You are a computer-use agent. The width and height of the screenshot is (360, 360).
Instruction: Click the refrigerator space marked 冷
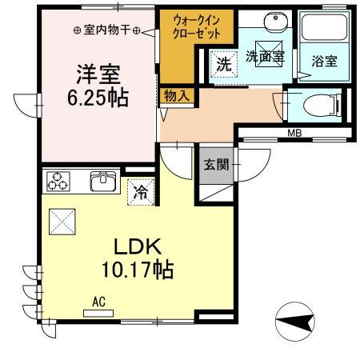[x=141, y=191]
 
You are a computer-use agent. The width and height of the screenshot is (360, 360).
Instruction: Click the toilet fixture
[x=320, y=104]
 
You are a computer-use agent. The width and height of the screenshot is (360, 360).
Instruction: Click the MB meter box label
[x=294, y=133]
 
